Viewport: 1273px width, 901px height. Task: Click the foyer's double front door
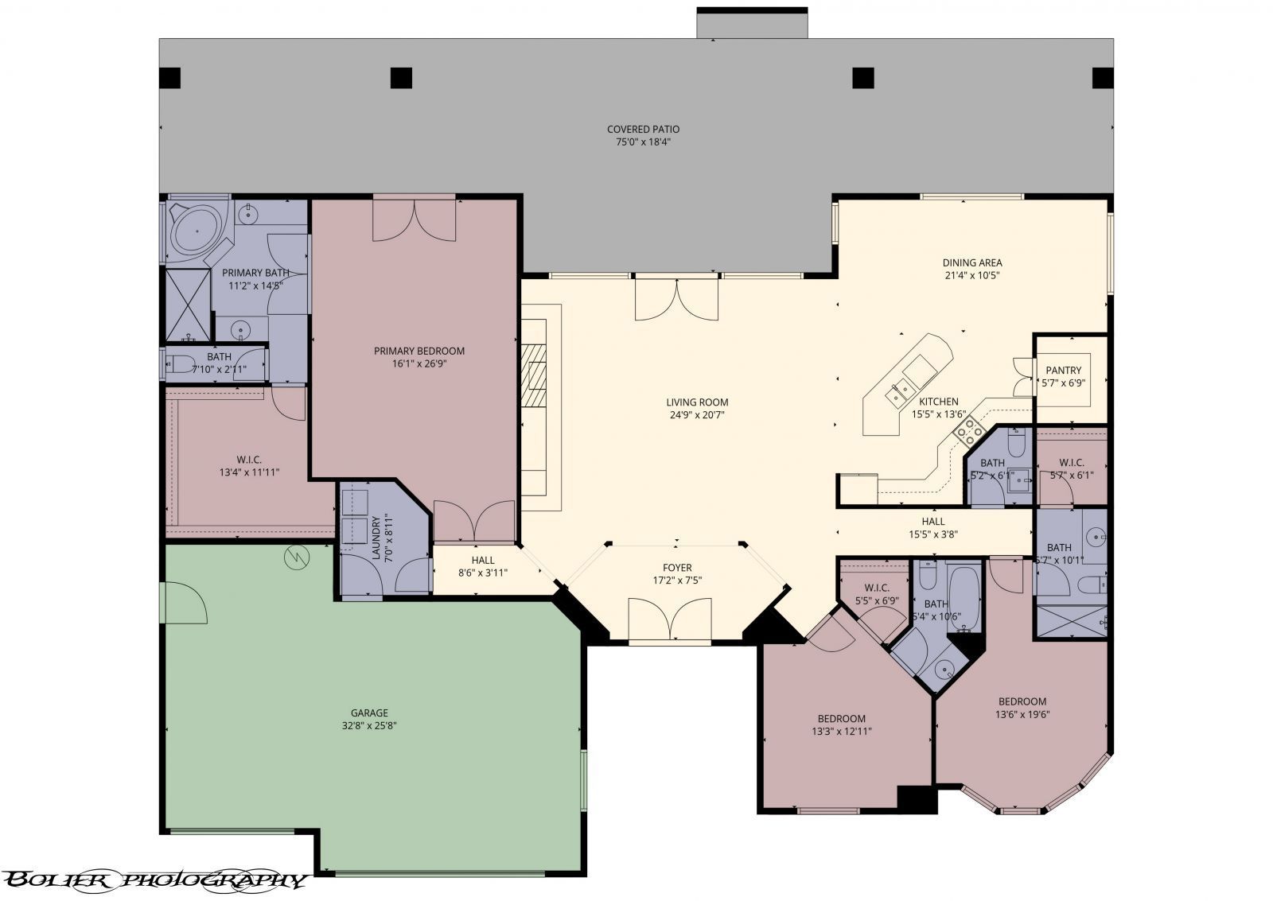click(669, 619)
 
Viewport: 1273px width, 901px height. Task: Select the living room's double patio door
click(675, 300)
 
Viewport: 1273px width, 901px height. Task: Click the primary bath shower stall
click(187, 302)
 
